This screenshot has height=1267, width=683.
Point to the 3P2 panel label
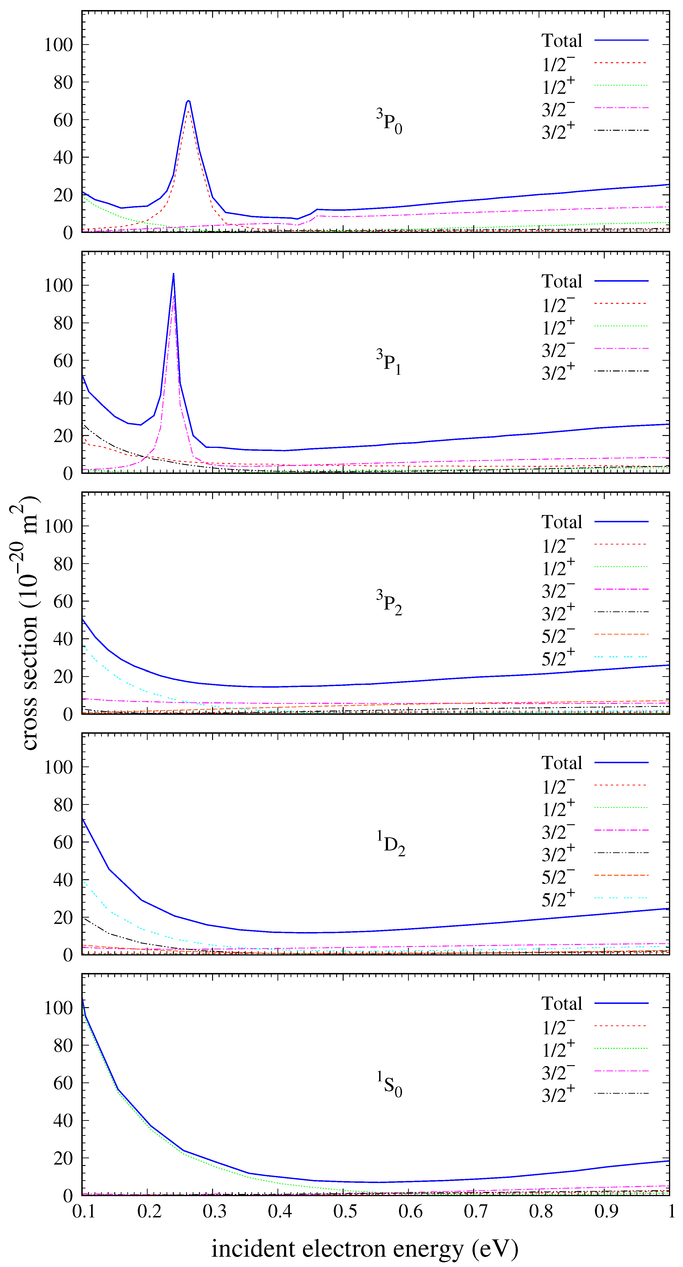coord(389,603)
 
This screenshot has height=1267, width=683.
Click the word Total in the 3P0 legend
coord(562,40)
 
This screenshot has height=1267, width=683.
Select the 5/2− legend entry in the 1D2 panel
coord(558,876)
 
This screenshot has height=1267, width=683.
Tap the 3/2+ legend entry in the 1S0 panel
coord(558,1094)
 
